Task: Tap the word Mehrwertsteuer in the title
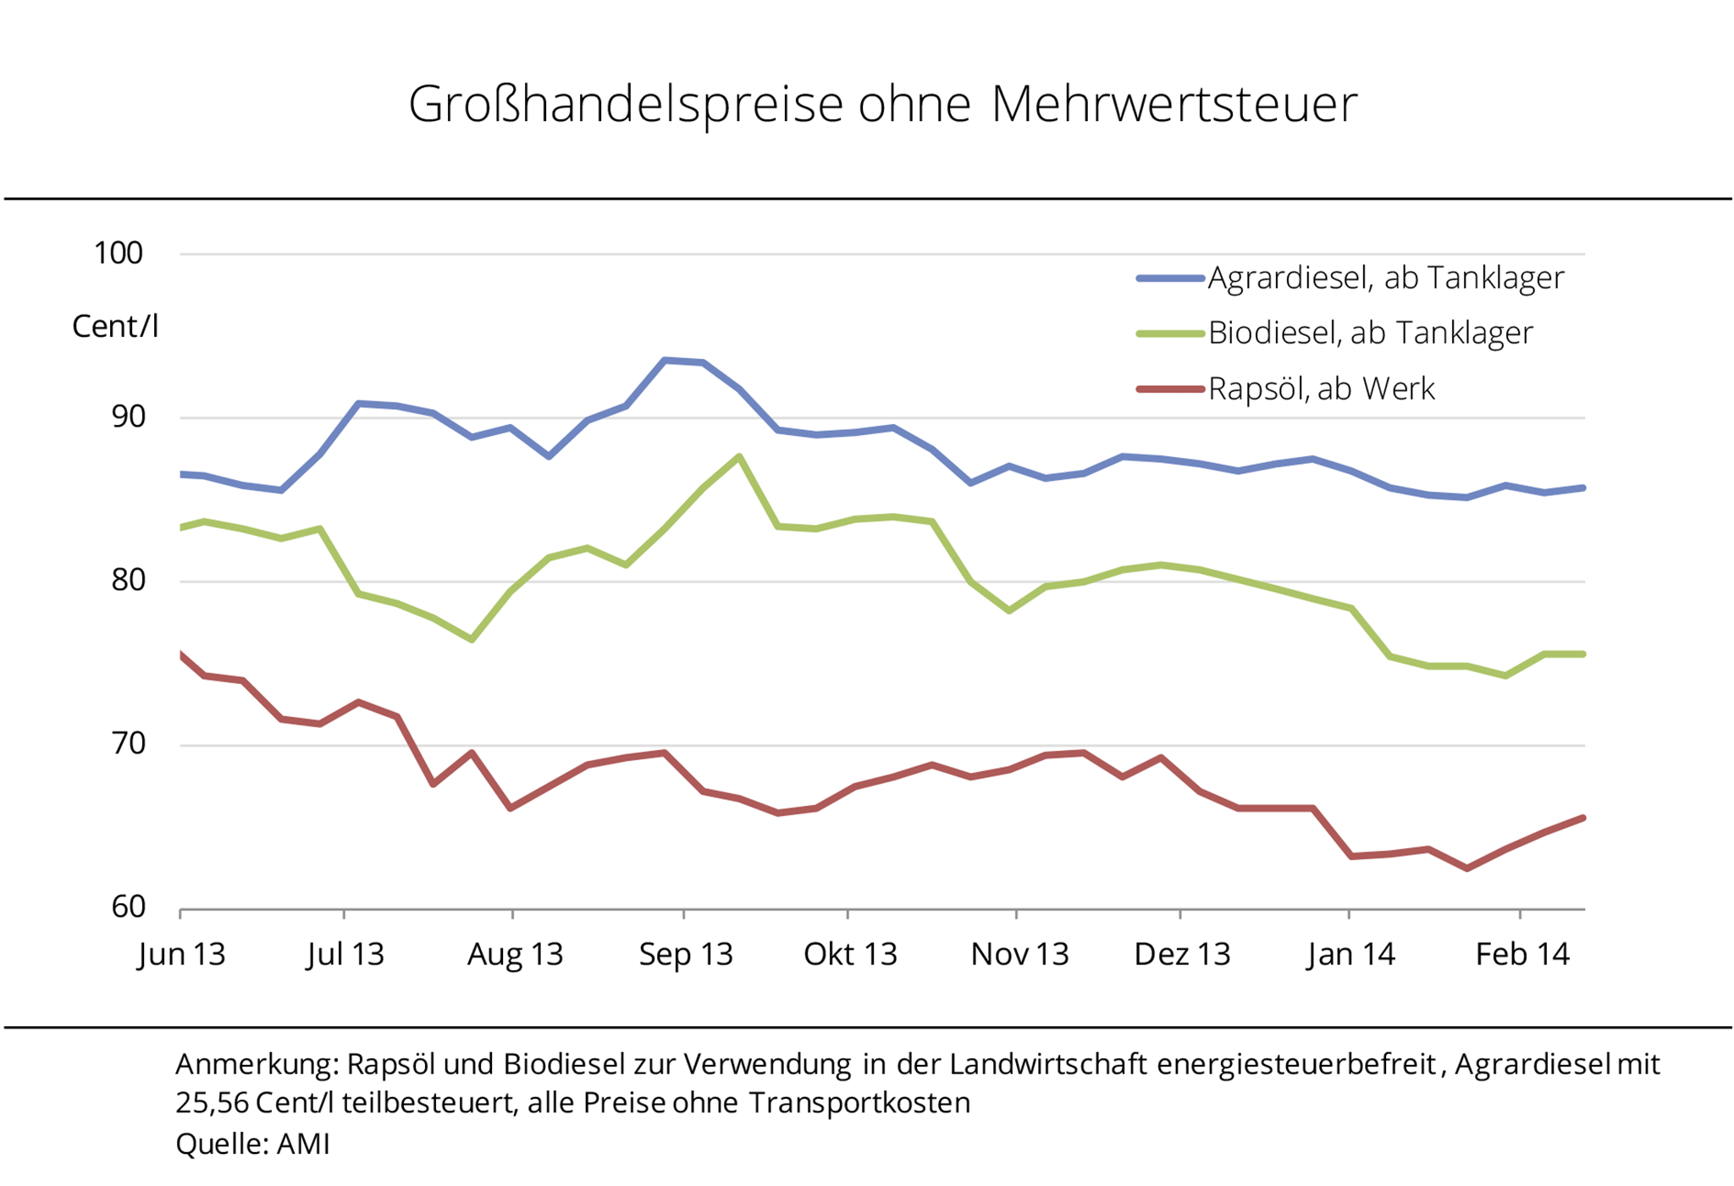click(x=1173, y=105)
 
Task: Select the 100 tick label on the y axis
click(x=119, y=253)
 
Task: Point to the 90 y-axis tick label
click(x=128, y=416)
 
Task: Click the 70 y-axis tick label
click(x=128, y=744)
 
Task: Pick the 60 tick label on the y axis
click(x=128, y=907)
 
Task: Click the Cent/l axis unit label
click(x=115, y=327)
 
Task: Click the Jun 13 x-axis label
click(x=181, y=955)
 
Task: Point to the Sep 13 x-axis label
click(x=685, y=955)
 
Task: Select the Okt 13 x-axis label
click(x=849, y=955)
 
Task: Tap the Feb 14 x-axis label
click(x=1521, y=955)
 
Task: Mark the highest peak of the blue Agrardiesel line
click(x=665, y=361)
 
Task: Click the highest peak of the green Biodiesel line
click(x=740, y=457)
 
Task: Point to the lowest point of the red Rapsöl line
click(x=1466, y=869)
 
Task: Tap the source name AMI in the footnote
click(x=303, y=1144)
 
